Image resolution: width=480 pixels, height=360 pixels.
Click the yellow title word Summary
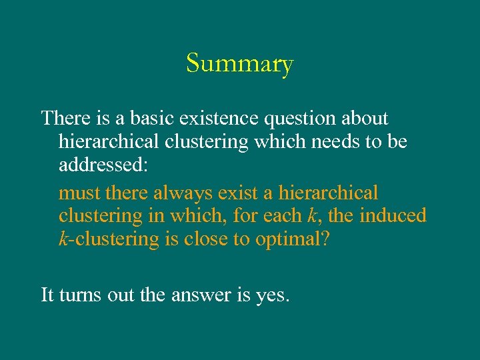point(240,64)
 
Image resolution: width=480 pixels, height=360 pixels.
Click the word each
point(287,216)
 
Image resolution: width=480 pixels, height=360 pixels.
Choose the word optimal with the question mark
point(293,240)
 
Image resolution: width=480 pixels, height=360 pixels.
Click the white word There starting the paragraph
point(63,119)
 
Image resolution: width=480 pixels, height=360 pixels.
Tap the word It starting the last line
point(47,294)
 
